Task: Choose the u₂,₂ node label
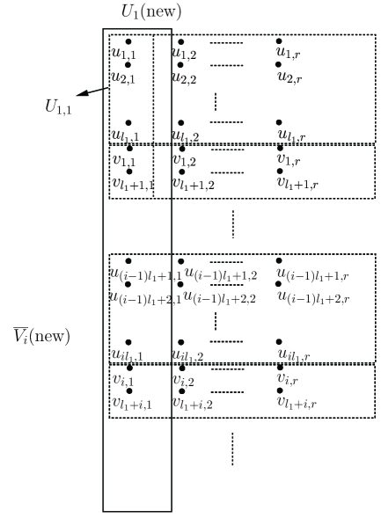tap(185, 77)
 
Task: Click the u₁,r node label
tap(292, 55)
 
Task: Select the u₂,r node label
tap(292, 77)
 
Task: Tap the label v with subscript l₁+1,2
tap(194, 184)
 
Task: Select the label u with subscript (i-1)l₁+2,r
tap(313, 298)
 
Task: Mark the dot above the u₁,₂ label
tap(180, 41)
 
